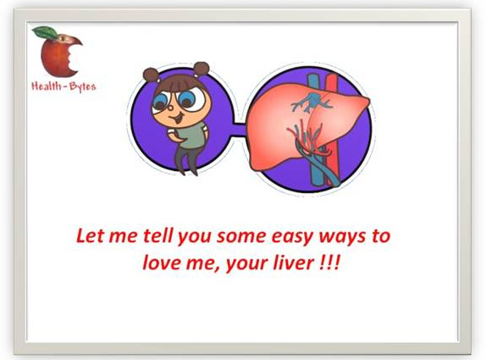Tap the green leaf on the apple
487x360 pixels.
tap(46, 32)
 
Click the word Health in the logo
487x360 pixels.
tap(47, 86)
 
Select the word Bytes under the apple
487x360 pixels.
tap(83, 86)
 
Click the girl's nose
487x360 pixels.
tap(170, 108)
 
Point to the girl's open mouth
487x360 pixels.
tap(177, 119)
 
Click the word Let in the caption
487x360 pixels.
tap(91, 235)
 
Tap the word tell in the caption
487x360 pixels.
tap(158, 235)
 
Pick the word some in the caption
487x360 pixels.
tap(241, 236)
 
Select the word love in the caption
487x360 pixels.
tap(162, 263)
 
